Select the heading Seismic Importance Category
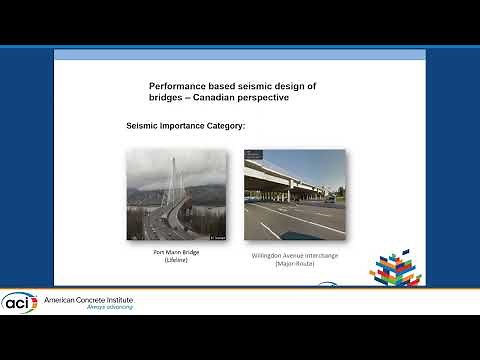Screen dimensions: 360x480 187,127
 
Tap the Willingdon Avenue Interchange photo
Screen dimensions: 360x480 295,195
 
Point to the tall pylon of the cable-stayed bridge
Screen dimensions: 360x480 171,180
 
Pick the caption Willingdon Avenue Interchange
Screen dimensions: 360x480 295,256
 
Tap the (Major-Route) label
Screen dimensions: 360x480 295,264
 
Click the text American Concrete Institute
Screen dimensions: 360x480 86,299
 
